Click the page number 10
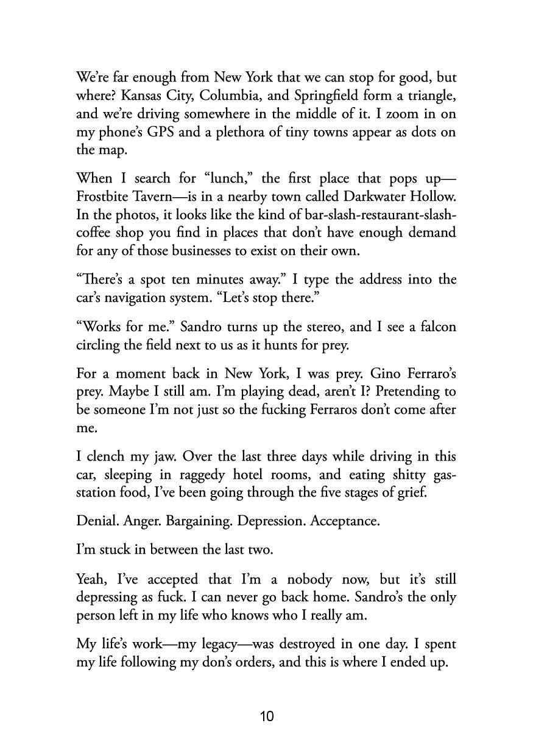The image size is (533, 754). pyautogui.click(x=267, y=716)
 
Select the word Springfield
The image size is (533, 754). pyautogui.click(x=330, y=96)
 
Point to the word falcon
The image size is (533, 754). pyautogui.click(x=436, y=327)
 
